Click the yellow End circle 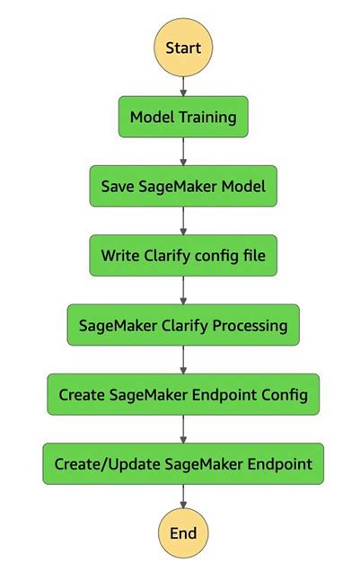point(183,532)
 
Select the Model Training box point(183,118)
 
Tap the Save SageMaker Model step point(183,187)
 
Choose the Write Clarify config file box point(183,256)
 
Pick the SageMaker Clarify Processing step point(183,325)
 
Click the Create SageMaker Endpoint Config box point(183,394)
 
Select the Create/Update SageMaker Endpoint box point(183,464)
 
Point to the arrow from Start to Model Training point(183,84)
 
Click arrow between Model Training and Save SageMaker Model point(183,152)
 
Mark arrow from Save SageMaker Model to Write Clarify point(183,221)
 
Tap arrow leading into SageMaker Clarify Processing point(183,290)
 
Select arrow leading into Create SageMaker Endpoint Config point(183,359)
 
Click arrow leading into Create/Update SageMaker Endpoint point(183,429)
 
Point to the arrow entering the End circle point(183,497)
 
